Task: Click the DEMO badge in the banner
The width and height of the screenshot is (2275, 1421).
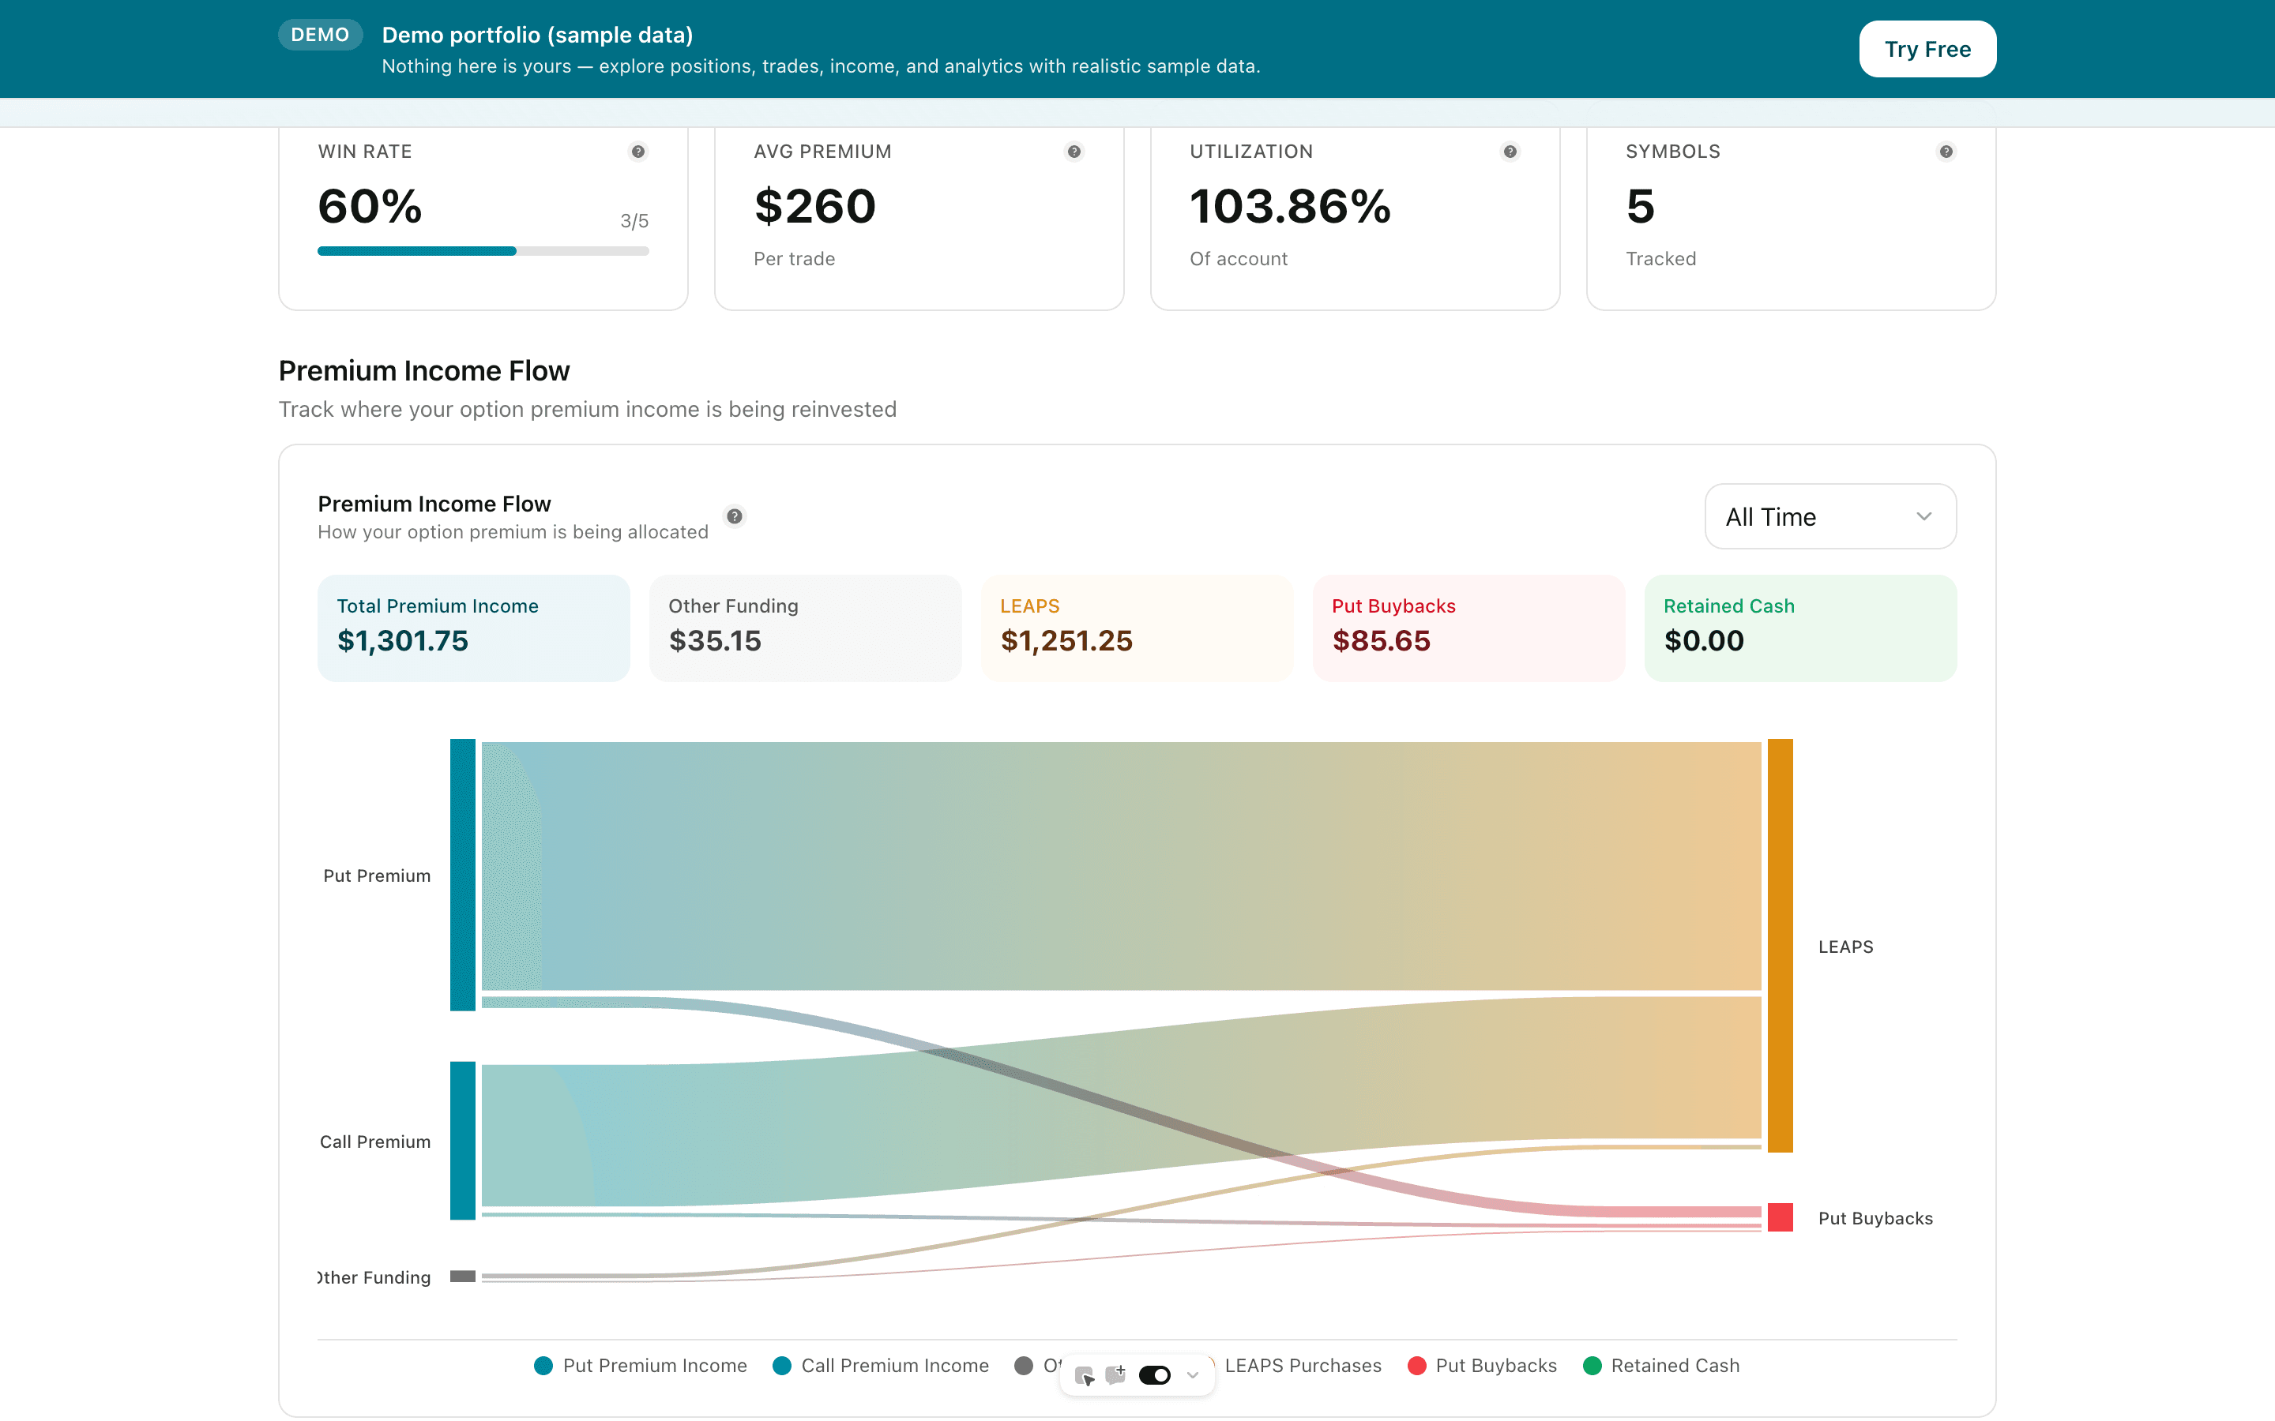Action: [320, 35]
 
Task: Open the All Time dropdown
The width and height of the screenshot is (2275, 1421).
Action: [1829, 516]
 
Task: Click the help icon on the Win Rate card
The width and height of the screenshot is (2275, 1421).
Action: [637, 152]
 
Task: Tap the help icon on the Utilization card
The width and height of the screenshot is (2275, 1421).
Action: [1510, 152]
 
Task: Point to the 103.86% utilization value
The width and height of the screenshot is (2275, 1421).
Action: [1290, 207]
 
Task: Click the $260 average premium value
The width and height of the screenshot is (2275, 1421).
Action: [814, 207]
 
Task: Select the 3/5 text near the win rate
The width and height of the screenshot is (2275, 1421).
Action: [634, 221]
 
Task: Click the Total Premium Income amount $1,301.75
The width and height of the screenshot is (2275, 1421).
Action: [402, 641]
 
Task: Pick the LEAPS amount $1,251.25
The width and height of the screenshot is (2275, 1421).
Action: [1066, 641]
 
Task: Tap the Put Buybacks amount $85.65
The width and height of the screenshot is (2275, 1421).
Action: [1381, 641]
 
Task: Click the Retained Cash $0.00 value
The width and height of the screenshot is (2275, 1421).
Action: [1703, 641]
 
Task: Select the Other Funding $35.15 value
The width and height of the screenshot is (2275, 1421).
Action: [714, 641]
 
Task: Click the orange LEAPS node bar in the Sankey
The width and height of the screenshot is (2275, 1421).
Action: [1780, 944]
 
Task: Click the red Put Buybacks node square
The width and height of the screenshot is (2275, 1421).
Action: [1780, 1217]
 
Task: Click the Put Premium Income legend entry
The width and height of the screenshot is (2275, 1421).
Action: [641, 1366]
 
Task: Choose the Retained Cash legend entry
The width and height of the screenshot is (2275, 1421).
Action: [1661, 1366]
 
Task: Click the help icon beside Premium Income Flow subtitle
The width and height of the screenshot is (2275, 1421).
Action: [734, 516]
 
